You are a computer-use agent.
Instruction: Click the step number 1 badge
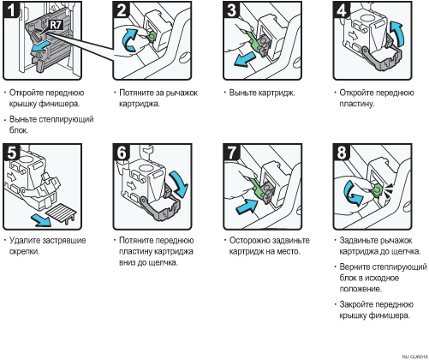click(x=11, y=9)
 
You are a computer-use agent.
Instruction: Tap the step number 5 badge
click(x=11, y=152)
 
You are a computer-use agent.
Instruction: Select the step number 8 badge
click(x=342, y=152)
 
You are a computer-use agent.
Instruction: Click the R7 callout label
click(x=56, y=25)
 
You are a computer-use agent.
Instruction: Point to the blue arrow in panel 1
click(x=41, y=46)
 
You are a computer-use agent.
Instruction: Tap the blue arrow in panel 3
click(x=244, y=60)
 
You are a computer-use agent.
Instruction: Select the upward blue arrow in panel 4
click(x=397, y=34)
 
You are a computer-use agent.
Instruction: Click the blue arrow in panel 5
click(x=41, y=219)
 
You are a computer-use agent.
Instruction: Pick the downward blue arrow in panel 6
click(x=179, y=183)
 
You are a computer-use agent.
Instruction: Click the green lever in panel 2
click(x=151, y=36)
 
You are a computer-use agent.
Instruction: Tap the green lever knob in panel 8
click(x=376, y=190)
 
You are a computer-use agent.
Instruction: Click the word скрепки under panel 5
click(x=24, y=252)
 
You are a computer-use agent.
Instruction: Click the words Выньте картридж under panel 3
click(x=262, y=93)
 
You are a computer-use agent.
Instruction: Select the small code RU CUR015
click(x=415, y=357)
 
